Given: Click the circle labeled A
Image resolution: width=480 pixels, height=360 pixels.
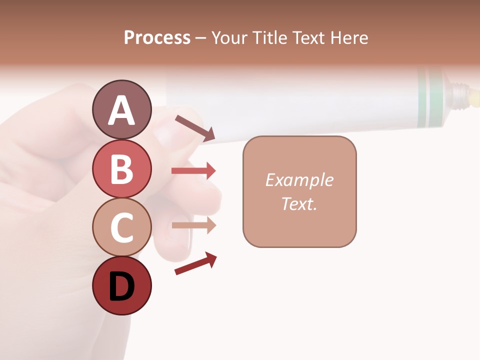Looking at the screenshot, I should point(121,109).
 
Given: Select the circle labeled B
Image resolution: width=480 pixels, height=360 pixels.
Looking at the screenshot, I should point(121,168).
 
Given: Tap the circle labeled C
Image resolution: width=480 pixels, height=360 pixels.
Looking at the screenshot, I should point(121,227).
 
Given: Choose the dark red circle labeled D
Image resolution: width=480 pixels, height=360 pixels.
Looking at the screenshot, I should point(121,286).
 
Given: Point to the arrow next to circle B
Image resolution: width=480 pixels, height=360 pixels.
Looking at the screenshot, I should point(193,171).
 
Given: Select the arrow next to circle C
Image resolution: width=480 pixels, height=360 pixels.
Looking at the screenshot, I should point(193,225).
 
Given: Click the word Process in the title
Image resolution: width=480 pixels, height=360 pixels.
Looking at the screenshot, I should point(157,38).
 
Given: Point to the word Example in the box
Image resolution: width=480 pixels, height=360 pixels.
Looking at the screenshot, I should point(299,180).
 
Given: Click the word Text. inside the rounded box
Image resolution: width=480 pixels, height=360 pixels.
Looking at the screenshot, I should point(299,204).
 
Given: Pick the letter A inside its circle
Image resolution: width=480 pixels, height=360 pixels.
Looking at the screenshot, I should point(121,110).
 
